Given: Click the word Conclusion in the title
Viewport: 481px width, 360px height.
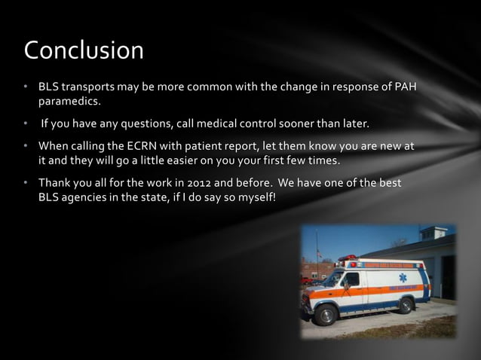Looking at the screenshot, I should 84,50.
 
